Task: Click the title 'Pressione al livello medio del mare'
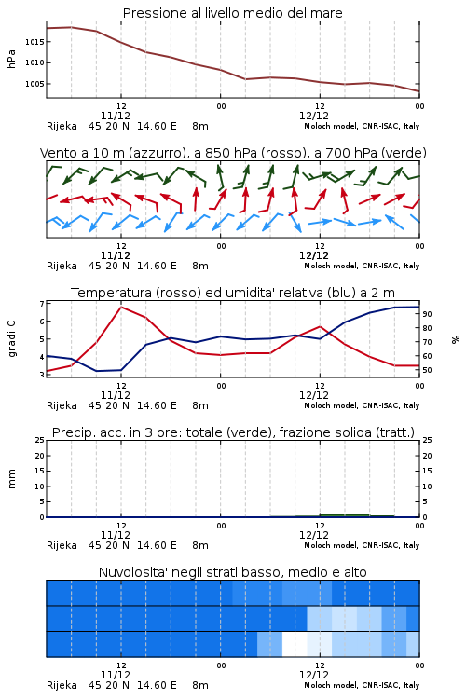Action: point(233,13)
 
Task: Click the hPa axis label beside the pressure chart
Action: point(11,60)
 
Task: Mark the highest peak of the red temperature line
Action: point(121,307)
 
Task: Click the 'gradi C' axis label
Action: point(12,338)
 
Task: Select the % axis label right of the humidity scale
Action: point(456,339)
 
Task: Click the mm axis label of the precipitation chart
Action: point(11,479)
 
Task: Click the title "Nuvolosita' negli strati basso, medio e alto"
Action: point(233,572)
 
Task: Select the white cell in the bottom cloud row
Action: point(295,644)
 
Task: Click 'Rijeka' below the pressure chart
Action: point(62,126)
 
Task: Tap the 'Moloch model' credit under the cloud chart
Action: point(331,685)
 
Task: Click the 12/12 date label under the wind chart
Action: point(314,256)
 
